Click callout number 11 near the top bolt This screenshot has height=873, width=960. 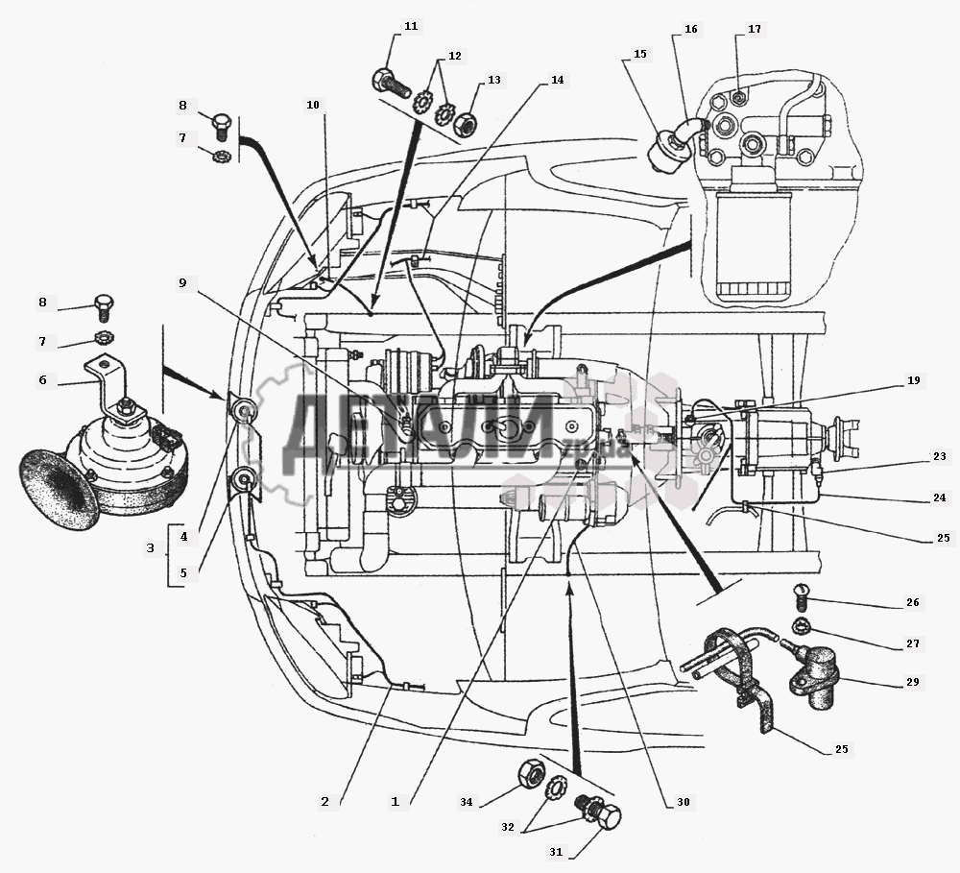(x=410, y=26)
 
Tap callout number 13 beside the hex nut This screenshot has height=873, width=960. (x=493, y=80)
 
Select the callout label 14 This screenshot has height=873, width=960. (x=557, y=80)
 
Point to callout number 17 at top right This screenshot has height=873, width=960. (x=754, y=29)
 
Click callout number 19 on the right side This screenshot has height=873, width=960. (x=913, y=380)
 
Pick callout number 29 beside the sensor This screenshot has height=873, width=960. (x=912, y=682)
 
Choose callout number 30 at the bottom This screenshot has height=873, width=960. (x=683, y=802)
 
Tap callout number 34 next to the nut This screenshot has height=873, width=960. (x=467, y=802)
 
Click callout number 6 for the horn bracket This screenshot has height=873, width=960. (x=42, y=379)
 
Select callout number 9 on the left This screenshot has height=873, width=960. (x=182, y=282)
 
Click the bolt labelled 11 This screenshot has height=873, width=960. (x=392, y=84)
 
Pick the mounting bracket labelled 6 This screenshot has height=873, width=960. (x=107, y=386)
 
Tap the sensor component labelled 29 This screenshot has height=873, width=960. (x=811, y=674)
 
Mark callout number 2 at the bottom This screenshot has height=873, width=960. (x=324, y=801)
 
